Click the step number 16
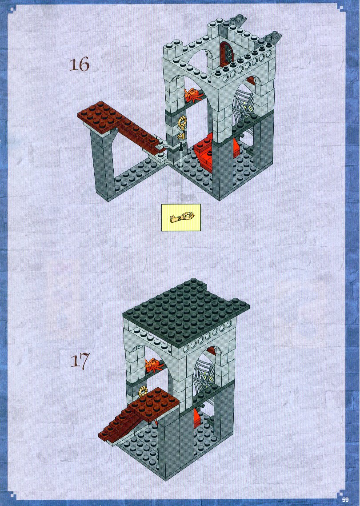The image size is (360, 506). click(x=79, y=64)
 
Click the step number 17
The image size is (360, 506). click(x=79, y=361)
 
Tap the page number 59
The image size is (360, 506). click(x=345, y=499)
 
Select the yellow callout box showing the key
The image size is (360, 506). click(x=181, y=217)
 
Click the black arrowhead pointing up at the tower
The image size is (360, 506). click(x=180, y=147)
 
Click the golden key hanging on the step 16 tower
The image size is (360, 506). click(x=182, y=128)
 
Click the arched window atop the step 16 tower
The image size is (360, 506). click(x=228, y=52)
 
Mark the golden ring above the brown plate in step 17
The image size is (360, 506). click(x=142, y=392)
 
